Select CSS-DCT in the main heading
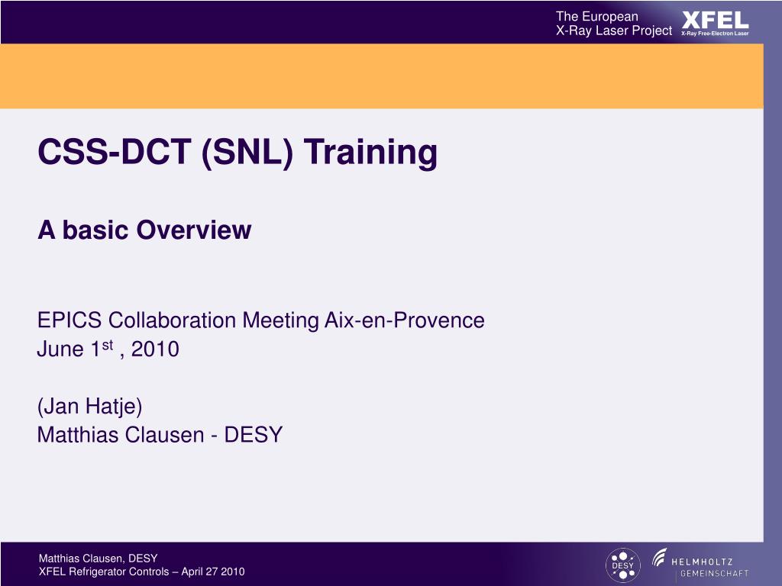point(115,153)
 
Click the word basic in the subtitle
point(95,230)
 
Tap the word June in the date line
point(62,350)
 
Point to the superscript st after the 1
point(108,346)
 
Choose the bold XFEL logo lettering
point(715,19)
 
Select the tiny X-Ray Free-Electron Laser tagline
point(715,34)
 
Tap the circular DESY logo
point(622,565)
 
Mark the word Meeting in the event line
point(284,320)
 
